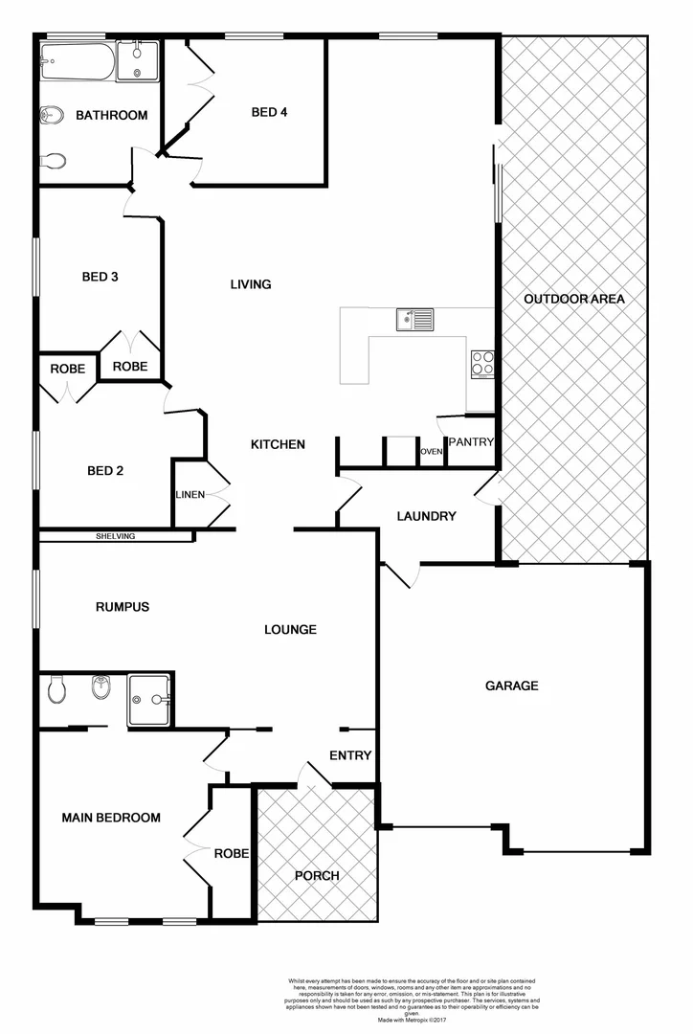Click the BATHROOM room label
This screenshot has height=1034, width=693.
coord(112,116)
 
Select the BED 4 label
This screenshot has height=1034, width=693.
coord(270,112)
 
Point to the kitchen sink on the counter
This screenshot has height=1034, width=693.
coord(415,319)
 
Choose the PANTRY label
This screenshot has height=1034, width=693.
coord(471,442)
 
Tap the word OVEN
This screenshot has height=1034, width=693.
coord(431,452)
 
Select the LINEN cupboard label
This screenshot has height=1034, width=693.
coord(189,495)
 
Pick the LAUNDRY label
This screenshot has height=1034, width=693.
coord(426,516)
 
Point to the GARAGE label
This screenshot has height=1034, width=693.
coord(511,686)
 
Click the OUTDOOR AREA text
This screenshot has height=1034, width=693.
coord(574,300)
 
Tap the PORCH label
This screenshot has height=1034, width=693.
coord(317,875)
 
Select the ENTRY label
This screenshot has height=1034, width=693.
coord(350,755)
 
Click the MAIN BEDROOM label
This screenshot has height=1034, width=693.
coord(111,818)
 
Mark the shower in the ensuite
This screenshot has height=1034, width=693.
coord(149,695)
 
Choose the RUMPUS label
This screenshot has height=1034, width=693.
coord(123,607)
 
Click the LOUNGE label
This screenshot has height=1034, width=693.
coord(291,630)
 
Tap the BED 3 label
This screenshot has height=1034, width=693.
coord(100,278)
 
